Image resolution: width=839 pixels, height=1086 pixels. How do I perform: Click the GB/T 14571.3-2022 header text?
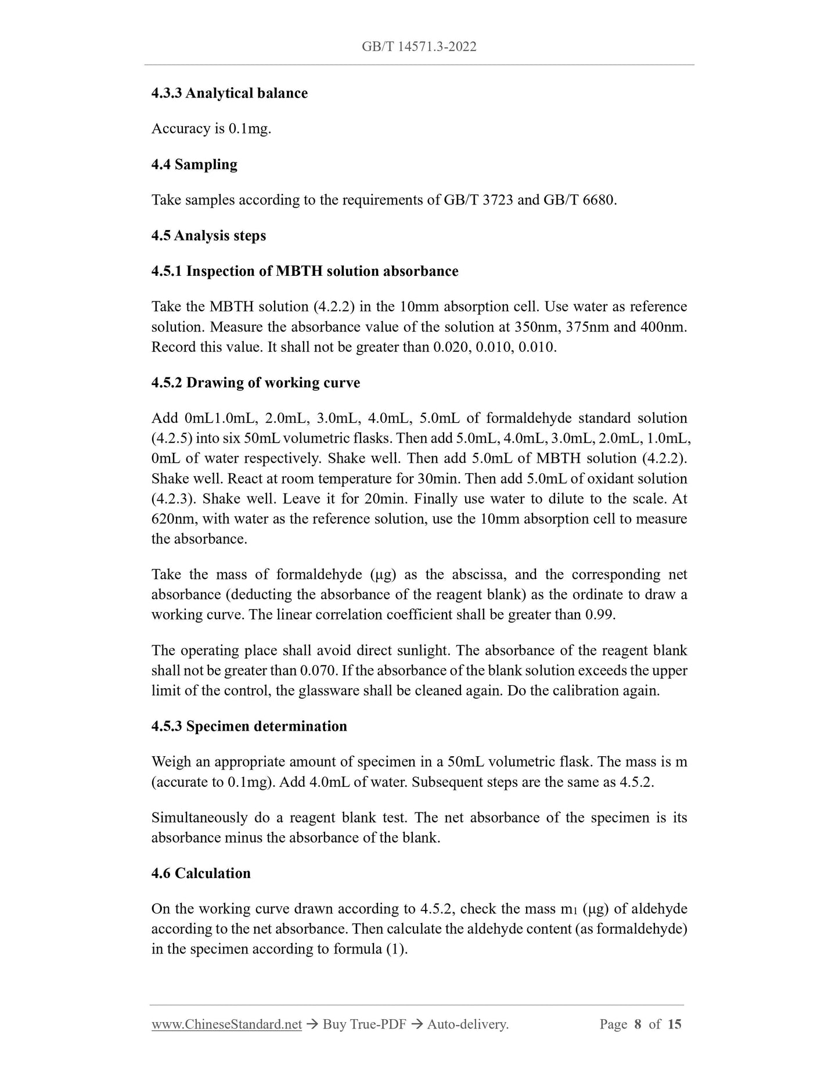(419, 47)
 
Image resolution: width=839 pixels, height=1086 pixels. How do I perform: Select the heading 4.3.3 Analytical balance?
(229, 93)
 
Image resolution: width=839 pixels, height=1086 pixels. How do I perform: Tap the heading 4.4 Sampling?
(194, 164)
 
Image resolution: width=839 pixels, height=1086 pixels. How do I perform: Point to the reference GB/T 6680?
(578, 200)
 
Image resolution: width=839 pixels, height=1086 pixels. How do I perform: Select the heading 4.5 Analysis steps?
(208, 236)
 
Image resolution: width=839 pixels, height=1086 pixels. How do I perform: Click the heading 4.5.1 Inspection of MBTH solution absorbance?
(304, 271)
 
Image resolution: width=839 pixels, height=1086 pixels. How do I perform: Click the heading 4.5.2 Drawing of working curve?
(255, 383)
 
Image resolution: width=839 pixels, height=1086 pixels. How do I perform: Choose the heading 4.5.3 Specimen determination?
(249, 727)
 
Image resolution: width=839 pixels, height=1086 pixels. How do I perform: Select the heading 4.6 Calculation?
(201, 873)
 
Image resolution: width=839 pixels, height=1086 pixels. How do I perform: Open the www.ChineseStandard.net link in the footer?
(226, 1024)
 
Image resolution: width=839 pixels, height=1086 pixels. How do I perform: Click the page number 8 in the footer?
(638, 1024)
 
